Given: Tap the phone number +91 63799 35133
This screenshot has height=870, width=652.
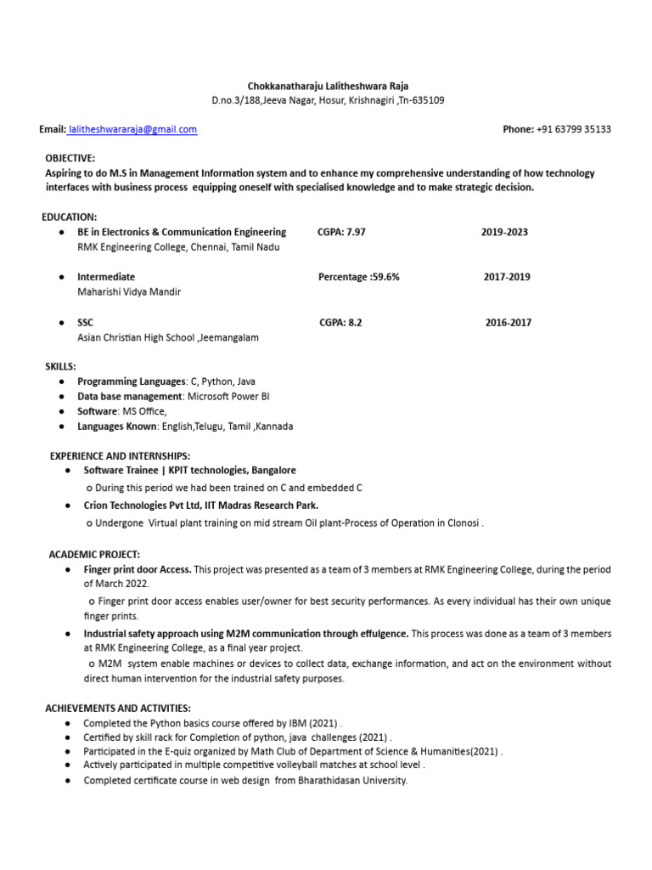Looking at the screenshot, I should coord(573,129).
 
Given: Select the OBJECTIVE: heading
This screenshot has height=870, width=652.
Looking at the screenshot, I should coord(70,158).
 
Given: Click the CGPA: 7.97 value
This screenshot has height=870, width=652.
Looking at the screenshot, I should coord(341,232).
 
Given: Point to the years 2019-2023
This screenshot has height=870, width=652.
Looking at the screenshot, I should coord(504,232).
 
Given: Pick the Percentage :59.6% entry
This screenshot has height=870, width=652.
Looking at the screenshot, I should coord(358,277).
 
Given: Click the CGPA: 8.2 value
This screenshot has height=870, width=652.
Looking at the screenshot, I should coord(340,322).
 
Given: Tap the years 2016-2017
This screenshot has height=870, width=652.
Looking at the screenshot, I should coord(509,322).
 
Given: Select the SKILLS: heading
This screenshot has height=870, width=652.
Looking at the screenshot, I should coord(60,366).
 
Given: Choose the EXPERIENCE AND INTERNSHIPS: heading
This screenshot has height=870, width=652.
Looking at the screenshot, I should coord(120,456).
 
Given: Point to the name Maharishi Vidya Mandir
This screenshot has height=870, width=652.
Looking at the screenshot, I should coord(129,291).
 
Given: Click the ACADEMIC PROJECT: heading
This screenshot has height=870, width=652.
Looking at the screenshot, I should coord(94,554).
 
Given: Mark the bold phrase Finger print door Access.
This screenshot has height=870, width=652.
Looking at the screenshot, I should coord(138,569).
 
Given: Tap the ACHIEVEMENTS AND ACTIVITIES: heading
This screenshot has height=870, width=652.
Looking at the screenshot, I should coord(118,708).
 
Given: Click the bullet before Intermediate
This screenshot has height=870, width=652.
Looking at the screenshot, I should coord(62,277).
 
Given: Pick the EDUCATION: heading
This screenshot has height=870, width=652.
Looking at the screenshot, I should coord(70,217).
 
